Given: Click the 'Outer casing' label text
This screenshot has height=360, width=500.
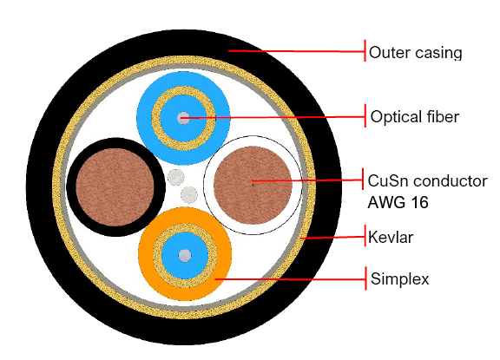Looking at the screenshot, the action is [x=415, y=53].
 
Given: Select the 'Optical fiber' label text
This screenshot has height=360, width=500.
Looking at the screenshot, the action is [x=415, y=116].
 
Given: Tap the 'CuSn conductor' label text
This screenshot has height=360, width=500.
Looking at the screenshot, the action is [x=428, y=180].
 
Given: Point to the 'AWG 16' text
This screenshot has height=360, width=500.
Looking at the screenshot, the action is [x=398, y=202].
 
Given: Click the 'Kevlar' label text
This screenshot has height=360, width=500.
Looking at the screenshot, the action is [x=391, y=238].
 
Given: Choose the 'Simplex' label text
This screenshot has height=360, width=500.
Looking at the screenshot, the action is [x=400, y=278].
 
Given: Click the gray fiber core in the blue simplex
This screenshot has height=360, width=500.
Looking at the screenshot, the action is [x=183, y=118].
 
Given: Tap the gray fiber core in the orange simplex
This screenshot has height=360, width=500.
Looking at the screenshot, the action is [x=185, y=256].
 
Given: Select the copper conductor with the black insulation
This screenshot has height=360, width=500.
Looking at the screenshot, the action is [x=115, y=187].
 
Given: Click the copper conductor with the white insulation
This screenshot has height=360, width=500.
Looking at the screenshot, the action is [x=253, y=185].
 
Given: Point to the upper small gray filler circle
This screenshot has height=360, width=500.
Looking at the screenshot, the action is [x=175, y=178].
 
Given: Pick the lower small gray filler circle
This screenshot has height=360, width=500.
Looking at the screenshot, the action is [x=189, y=194].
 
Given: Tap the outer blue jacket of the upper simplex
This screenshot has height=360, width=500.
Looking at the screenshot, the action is [x=183, y=78].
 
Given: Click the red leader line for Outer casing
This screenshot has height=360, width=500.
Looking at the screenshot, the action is [x=297, y=51].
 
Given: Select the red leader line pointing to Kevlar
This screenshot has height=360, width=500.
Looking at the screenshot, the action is [x=332, y=238].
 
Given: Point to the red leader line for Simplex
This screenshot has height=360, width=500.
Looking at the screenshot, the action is [x=290, y=279].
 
